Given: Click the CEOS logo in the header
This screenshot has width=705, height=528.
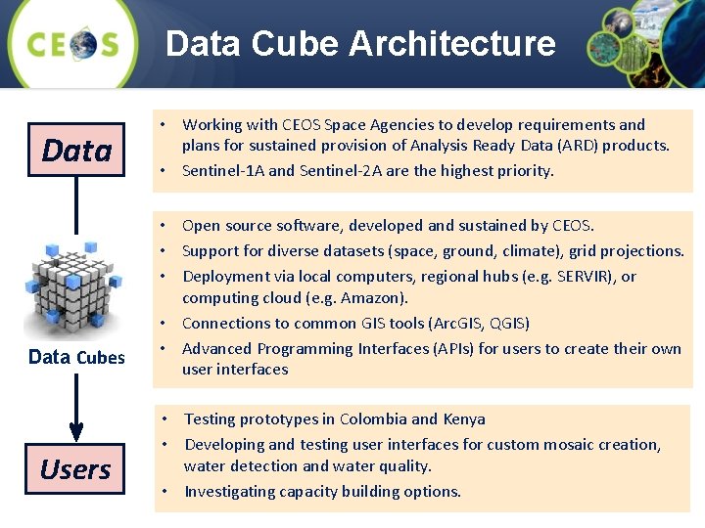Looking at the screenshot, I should click(73, 44).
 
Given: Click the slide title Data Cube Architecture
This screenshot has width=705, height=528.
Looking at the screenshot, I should click(360, 44).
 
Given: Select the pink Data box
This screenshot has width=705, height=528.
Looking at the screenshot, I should click(76, 150).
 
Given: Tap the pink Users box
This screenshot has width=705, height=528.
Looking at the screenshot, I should click(75, 469).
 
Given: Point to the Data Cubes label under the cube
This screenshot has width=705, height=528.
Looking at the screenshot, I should click(76, 357).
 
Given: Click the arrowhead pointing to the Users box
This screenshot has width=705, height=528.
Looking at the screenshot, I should click(76, 429).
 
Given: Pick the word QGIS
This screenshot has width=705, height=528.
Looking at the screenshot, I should click(509, 324).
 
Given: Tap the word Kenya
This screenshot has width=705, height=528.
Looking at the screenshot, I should click(463, 419).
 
